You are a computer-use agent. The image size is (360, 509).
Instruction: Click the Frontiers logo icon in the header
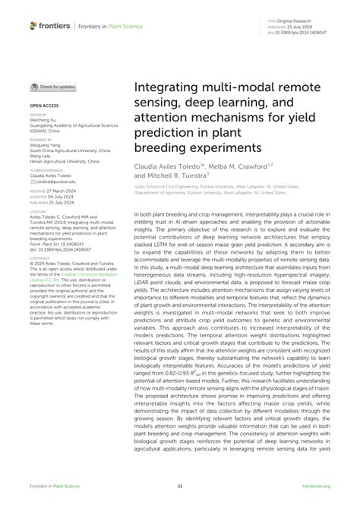point(33,27)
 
